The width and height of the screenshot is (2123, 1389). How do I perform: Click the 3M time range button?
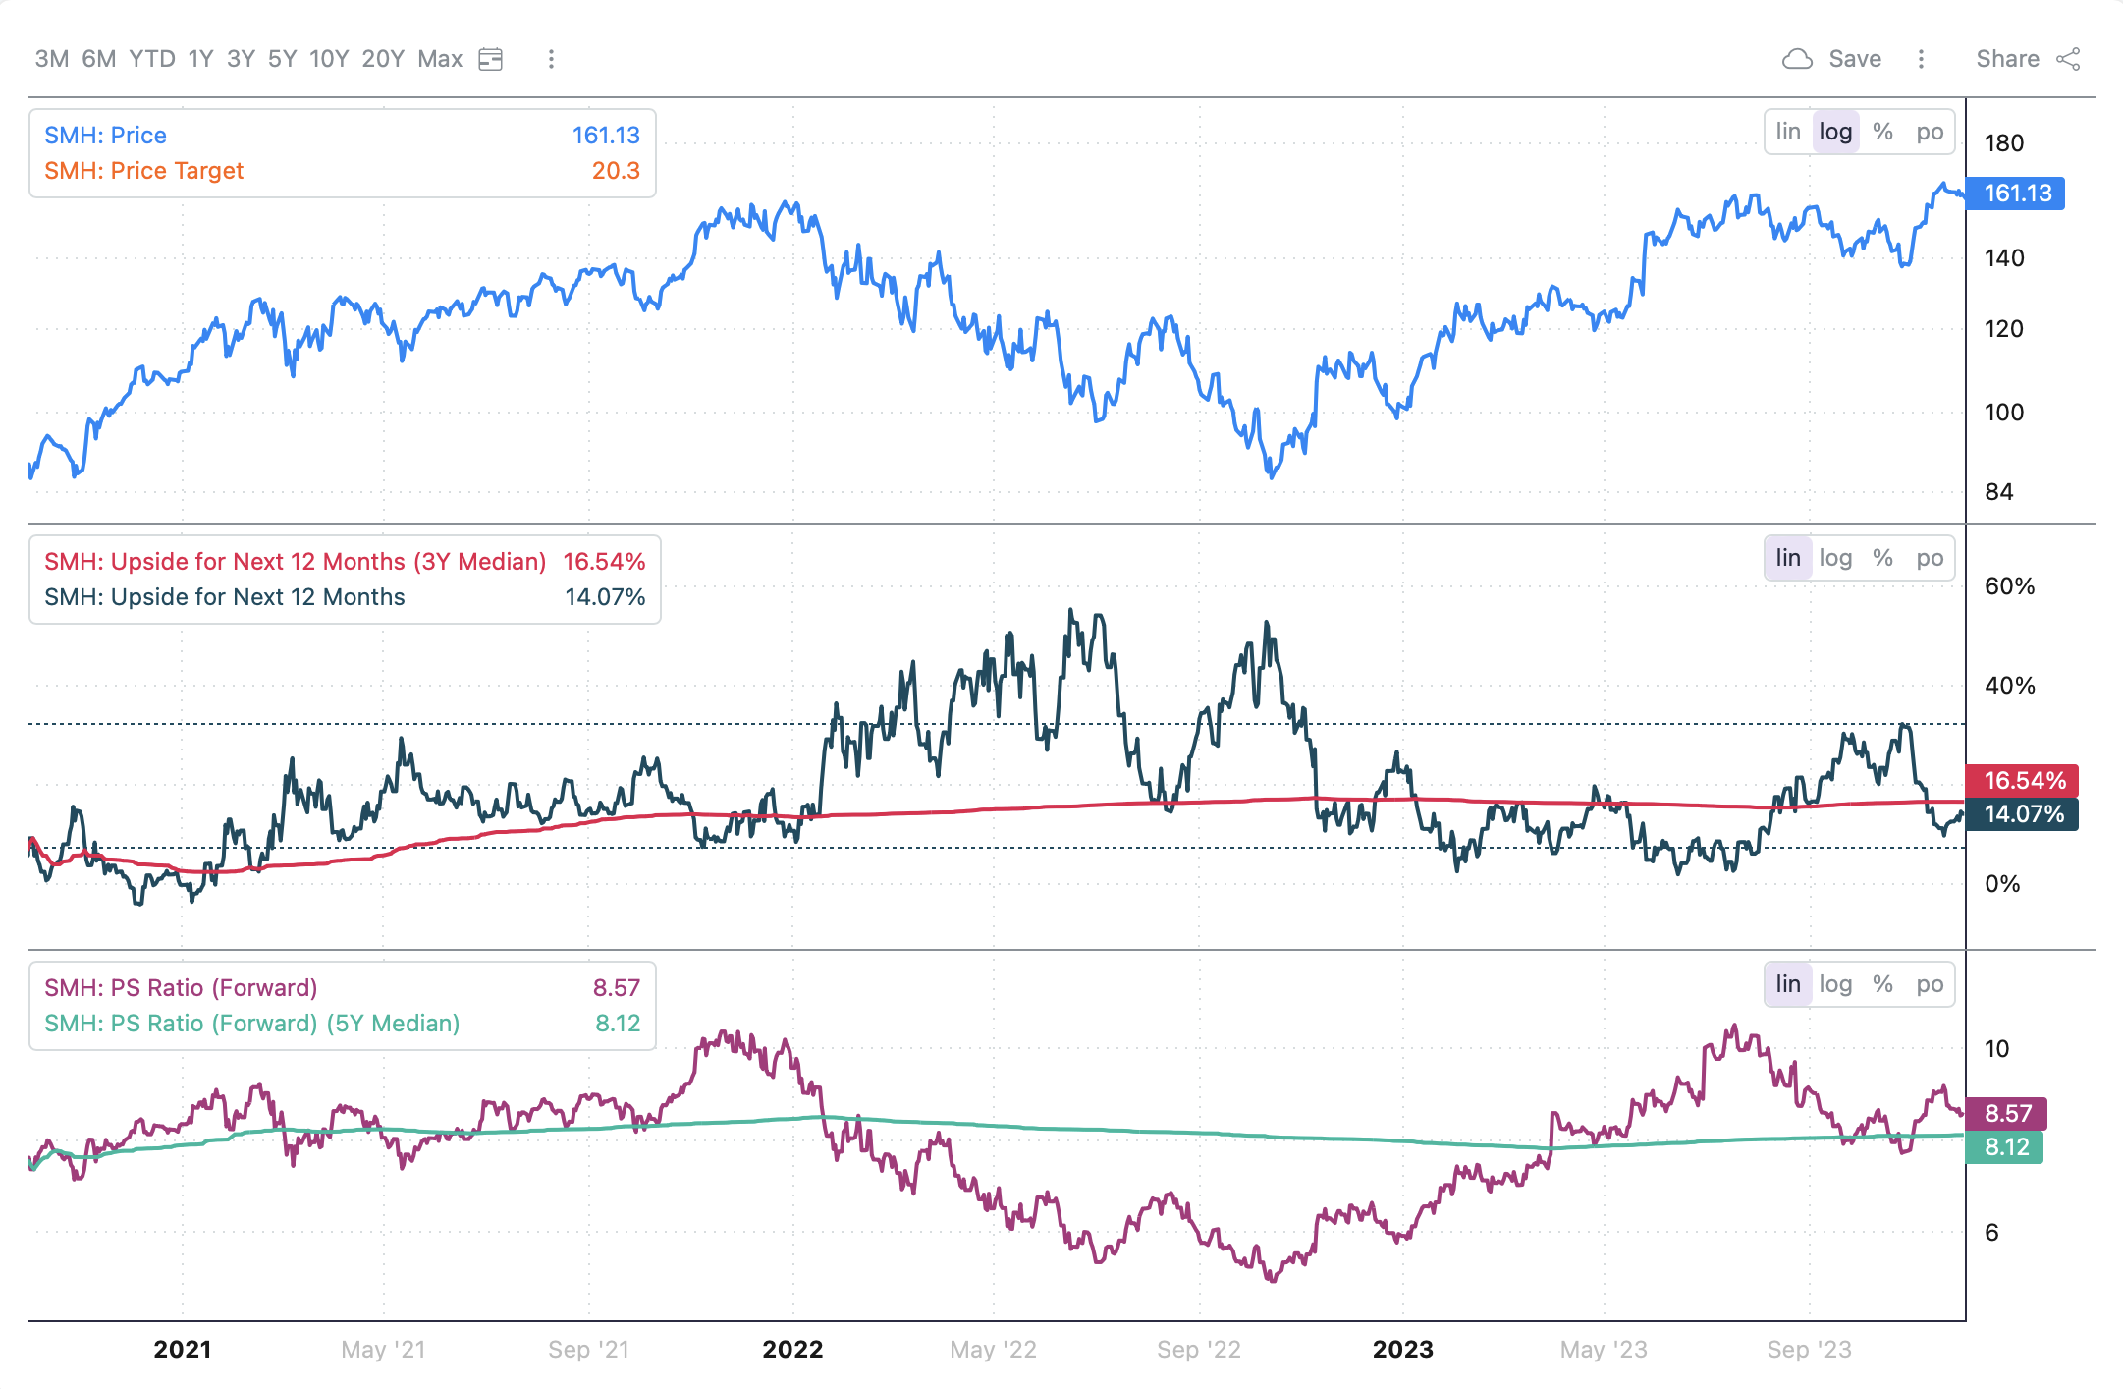pyautogui.click(x=51, y=59)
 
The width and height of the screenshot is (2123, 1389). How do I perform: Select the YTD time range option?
pyautogui.click(x=152, y=59)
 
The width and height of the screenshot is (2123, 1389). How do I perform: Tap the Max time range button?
pyautogui.click(x=440, y=59)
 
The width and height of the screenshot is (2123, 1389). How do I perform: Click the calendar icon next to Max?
pyautogui.click(x=490, y=59)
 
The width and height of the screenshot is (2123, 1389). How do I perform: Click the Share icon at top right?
pyautogui.click(x=2068, y=59)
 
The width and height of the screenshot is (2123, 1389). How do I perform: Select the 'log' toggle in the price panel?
pyautogui.click(x=1834, y=132)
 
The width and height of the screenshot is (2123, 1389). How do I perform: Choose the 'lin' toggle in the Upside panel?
pyautogui.click(x=1787, y=558)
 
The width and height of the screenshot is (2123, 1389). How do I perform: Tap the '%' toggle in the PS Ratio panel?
pyautogui.click(x=1881, y=984)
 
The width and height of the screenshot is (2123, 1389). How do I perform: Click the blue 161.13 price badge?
pyautogui.click(x=2017, y=194)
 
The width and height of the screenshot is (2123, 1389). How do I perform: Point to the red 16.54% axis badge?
pyautogui.click(x=2023, y=781)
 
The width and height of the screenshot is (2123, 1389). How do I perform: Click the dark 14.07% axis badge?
pyautogui.click(x=2023, y=814)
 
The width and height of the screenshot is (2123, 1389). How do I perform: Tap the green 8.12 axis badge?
pyautogui.click(x=2005, y=1147)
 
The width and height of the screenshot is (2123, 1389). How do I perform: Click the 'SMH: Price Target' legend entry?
pyautogui.click(x=143, y=171)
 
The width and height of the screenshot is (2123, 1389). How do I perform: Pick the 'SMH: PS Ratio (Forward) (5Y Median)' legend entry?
pyautogui.click(x=251, y=1024)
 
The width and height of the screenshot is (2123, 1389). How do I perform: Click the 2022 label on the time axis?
pyautogui.click(x=792, y=1350)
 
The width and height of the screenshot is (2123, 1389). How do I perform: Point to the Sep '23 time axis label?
pyautogui.click(x=1809, y=1350)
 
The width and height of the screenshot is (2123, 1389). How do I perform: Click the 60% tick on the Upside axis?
pyautogui.click(x=2009, y=586)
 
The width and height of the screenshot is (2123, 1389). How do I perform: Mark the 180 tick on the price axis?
pyautogui.click(x=2003, y=143)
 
